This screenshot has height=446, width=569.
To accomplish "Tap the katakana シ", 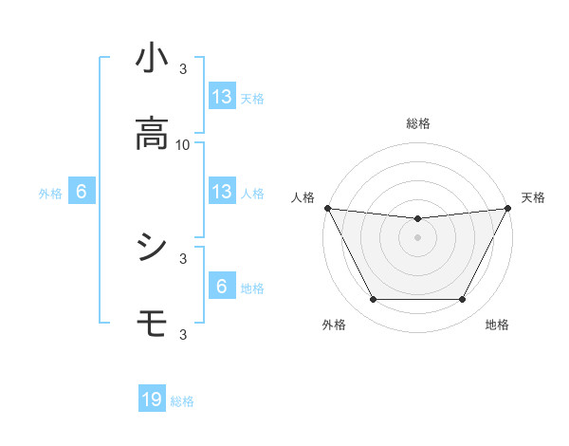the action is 152,248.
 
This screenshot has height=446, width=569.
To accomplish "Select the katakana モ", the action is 152,325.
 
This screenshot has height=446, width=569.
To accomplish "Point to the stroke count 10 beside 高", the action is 183,144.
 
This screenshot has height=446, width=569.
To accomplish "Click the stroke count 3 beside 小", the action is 183,68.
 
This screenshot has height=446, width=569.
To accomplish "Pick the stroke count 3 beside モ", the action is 183,334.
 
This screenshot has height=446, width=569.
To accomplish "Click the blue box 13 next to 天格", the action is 222,97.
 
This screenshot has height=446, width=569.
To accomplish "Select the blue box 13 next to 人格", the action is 222,192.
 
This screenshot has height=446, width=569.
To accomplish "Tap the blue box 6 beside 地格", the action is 222,287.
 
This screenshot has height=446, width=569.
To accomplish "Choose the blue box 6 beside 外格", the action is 82,192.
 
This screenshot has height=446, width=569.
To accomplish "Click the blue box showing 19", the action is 152,400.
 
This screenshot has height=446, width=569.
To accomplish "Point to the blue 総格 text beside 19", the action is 182,401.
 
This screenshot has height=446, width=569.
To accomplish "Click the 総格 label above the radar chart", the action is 417,123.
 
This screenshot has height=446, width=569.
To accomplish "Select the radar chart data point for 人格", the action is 326,208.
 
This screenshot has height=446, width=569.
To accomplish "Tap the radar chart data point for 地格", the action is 463,300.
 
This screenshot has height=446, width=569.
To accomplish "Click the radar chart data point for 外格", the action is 373,300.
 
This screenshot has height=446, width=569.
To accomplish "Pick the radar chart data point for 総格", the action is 417,219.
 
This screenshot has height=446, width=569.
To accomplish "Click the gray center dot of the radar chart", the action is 417,237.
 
